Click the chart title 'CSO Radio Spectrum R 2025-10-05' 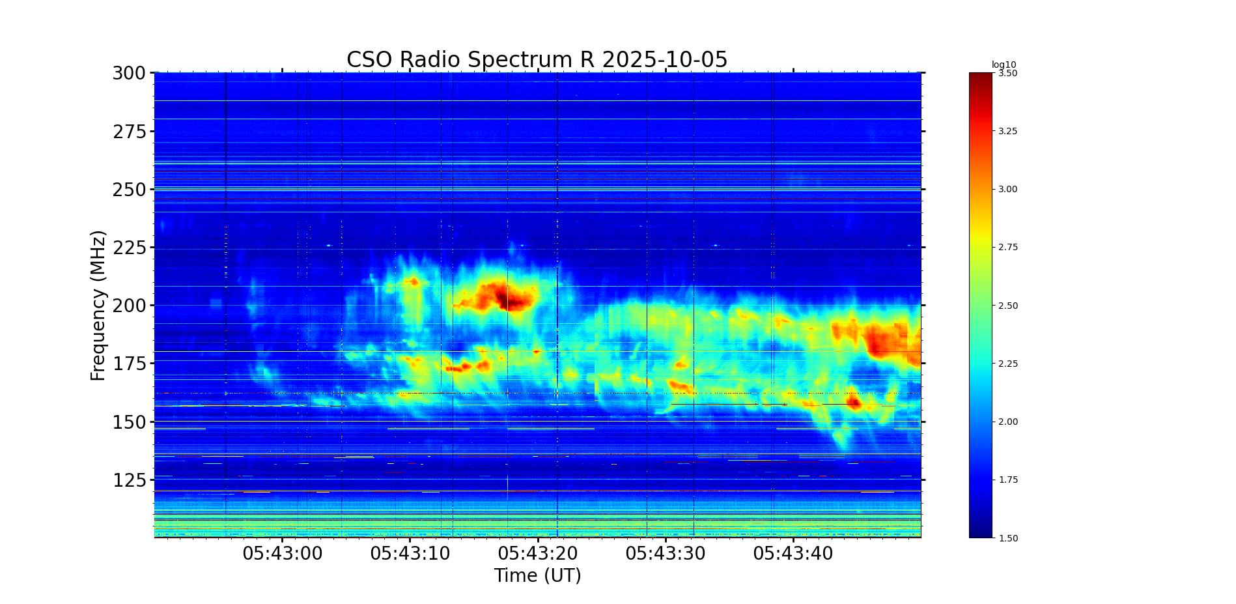click(537, 60)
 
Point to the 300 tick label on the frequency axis click(129, 74)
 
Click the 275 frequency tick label click(129, 132)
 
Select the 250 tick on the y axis click(129, 190)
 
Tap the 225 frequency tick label click(129, 248)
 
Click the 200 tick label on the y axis click(129, 306)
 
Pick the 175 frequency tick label click(129, 364)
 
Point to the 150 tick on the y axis click(129, 422)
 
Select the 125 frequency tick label click(129, 480)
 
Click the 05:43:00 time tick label click(283, 554)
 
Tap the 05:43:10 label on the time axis click(410, 554)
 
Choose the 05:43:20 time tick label click(538, 554)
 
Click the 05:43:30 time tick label click(666, 554)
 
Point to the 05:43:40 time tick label click(793, 554)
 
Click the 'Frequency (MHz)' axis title click(98, 305)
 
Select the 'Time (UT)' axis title click(537, 576)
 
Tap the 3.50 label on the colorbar click(1007, 74)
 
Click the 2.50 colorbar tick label click(1007, 306)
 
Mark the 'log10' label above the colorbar click(1004, 65)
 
